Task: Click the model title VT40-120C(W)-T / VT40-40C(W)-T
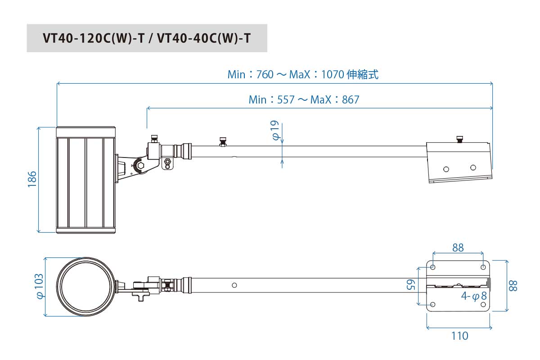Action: tap(147, 38)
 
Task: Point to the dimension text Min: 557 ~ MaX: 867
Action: tap(304, 99)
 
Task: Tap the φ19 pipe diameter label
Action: tap(275, 130)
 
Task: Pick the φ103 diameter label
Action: tap(40, 286)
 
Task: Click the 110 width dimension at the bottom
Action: tap(459, 336)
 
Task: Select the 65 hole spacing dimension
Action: tap(410, 284)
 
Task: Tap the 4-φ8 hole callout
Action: tap(474, 296)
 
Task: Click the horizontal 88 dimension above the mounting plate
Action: tap(458, 247)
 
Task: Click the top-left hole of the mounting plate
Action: tap(433, 267)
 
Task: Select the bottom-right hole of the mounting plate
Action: tap(483, 305)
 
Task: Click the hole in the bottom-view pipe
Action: tap(234, 285)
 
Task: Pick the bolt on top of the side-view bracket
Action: tap(459, 139)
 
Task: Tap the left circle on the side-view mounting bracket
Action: tap(446, 169)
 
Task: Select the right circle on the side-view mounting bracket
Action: tap(473, 167)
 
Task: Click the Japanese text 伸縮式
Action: tap(363, 74)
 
